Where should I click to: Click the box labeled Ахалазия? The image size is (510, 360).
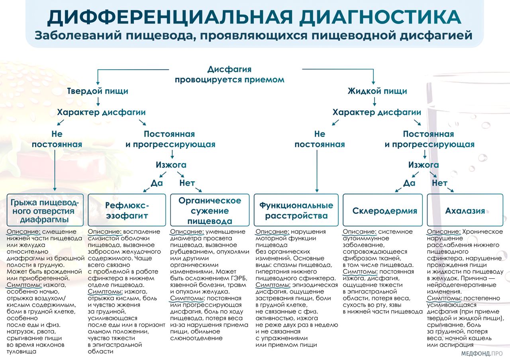465,211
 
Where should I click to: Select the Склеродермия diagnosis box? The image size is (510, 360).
384,211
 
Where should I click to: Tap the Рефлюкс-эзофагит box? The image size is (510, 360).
127,211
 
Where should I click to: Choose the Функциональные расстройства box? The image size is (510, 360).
296,211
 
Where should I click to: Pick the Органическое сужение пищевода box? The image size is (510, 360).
210,211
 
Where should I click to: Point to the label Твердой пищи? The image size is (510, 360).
98,91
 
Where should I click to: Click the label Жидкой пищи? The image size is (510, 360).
377,91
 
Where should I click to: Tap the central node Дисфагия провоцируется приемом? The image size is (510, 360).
230,74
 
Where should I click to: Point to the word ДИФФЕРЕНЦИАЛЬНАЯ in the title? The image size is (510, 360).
167,16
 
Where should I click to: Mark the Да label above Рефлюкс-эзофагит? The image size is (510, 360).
157,183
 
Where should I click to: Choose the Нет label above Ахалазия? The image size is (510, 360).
439,183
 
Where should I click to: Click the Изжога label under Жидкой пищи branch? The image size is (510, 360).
424,165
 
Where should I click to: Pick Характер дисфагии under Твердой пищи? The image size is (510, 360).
102,112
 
